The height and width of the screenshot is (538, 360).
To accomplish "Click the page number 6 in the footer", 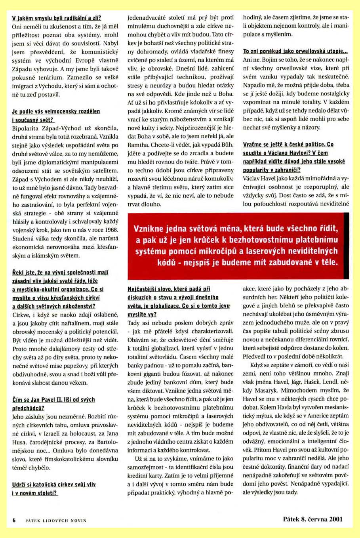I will (14, 520).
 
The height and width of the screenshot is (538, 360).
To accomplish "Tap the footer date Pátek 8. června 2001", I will (312, 519).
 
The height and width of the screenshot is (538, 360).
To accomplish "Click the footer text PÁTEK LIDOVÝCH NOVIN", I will (55, 520).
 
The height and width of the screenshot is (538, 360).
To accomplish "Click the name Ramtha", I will (137, 145).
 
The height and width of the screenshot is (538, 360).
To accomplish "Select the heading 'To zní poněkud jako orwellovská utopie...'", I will (295, 52).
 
